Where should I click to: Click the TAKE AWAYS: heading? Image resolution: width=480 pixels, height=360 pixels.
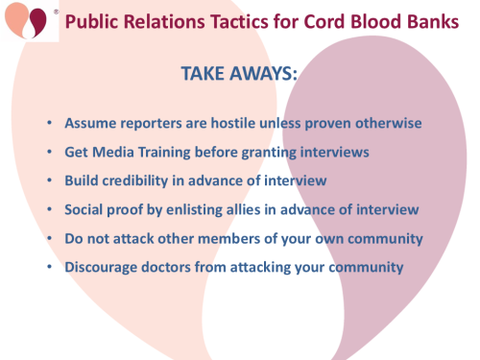(x=240, y=74)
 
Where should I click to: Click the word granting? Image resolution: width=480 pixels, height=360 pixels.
(x=275, y=153)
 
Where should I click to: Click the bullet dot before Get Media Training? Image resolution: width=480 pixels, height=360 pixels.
(x=49, y=153)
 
